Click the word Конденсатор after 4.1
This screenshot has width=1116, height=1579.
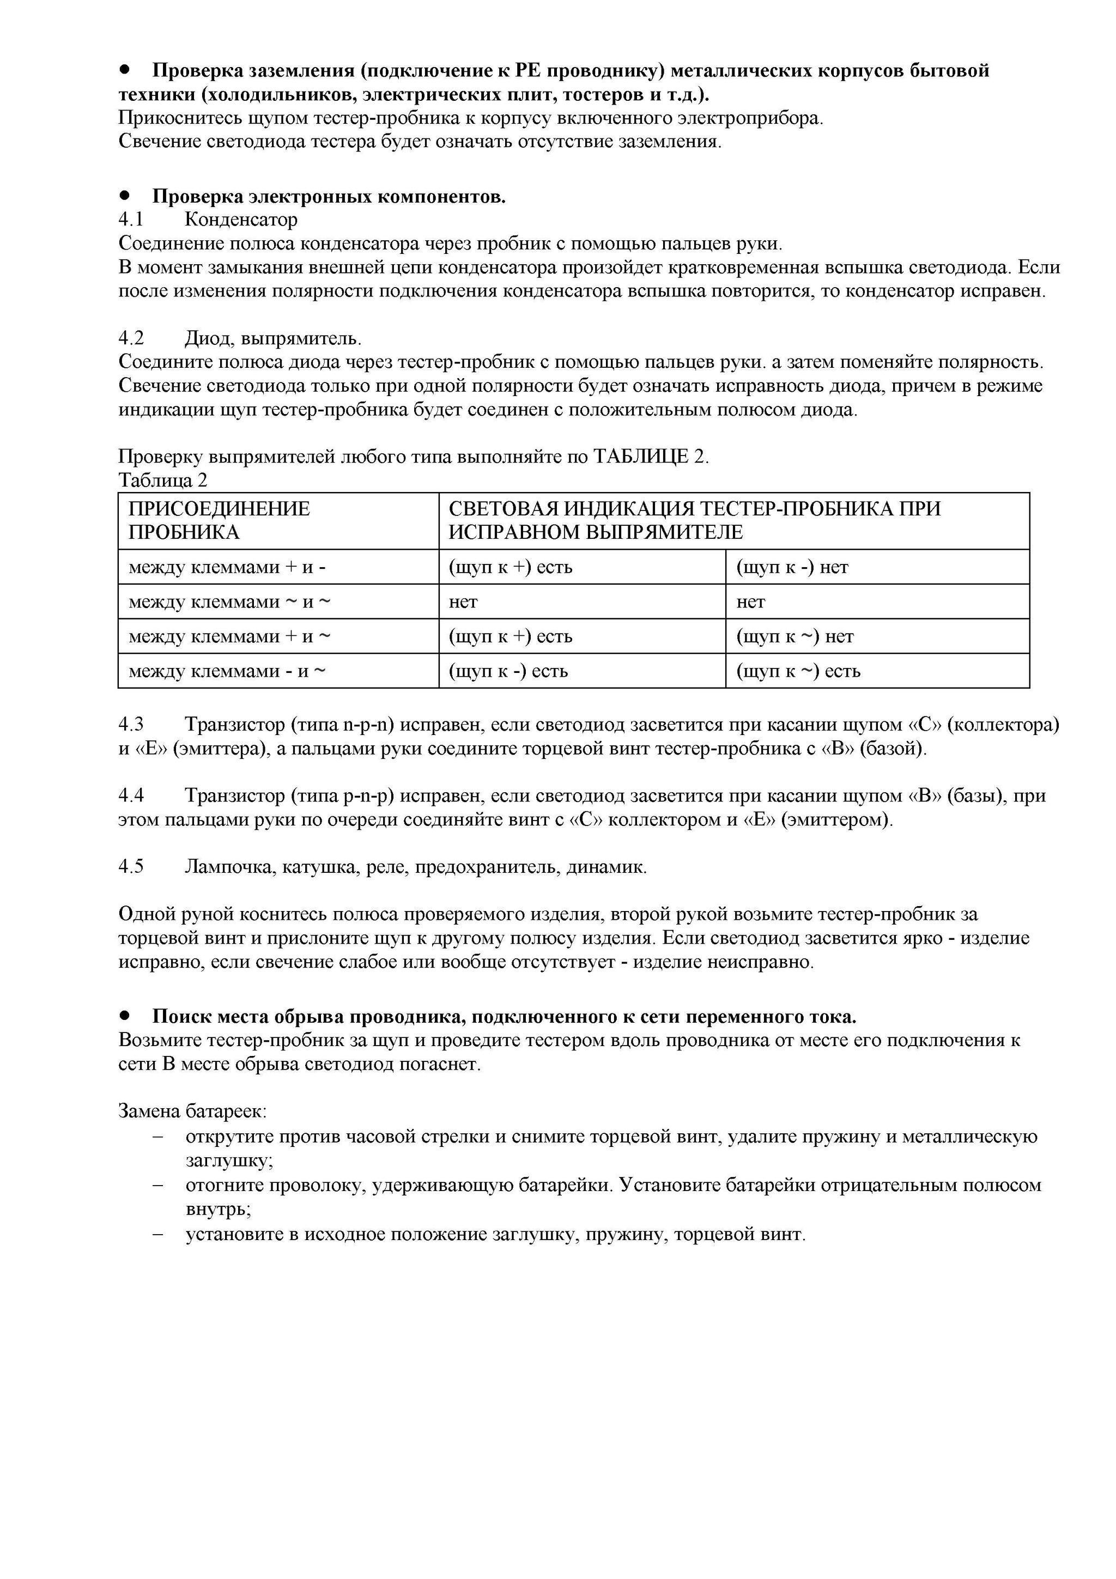[241, 220]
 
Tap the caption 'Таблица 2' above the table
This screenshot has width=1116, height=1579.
[162, 480]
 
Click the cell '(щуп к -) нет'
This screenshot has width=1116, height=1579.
[792, 567]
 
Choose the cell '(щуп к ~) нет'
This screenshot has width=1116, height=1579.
[795, 637]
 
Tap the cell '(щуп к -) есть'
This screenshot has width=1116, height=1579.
[508, 671]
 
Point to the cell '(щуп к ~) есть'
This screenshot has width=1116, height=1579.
[798, 671]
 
